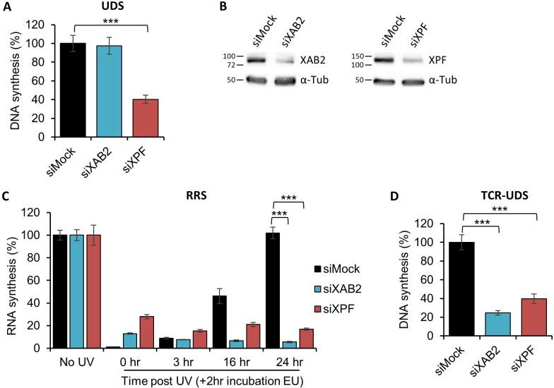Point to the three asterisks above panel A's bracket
click(x=110, y=23)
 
